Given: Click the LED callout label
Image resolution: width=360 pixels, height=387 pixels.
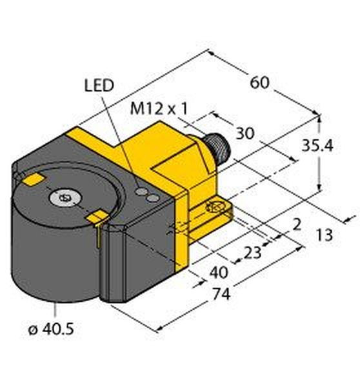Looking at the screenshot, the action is [99, 85].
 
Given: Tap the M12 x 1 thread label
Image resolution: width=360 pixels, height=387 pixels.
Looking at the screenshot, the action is [159, 108].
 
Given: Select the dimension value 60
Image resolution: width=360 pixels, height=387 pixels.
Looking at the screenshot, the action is [259, 83].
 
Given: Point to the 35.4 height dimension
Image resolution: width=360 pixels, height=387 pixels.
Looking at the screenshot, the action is [317, 146].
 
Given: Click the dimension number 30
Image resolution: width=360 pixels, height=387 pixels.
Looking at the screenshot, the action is [245, 134].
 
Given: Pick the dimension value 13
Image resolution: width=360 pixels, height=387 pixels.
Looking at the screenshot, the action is [325, 235].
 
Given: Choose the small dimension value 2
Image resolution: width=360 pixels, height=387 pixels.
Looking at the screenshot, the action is [297, 225].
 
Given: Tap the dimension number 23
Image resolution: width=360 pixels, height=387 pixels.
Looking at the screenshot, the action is [252, 252].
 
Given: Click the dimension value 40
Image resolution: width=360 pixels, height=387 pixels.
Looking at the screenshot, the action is [219, 272].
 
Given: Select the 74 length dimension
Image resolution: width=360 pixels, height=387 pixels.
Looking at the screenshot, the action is [221, 294].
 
